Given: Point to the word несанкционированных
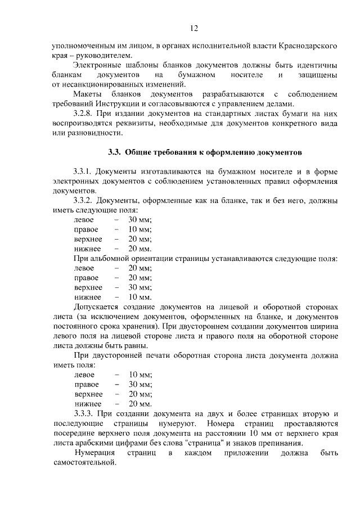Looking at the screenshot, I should (98, 85).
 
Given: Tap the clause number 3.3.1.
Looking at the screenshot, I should (83, 171).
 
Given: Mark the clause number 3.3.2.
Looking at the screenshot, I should (83, 201).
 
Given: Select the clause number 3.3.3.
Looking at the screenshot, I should (83, 414).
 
